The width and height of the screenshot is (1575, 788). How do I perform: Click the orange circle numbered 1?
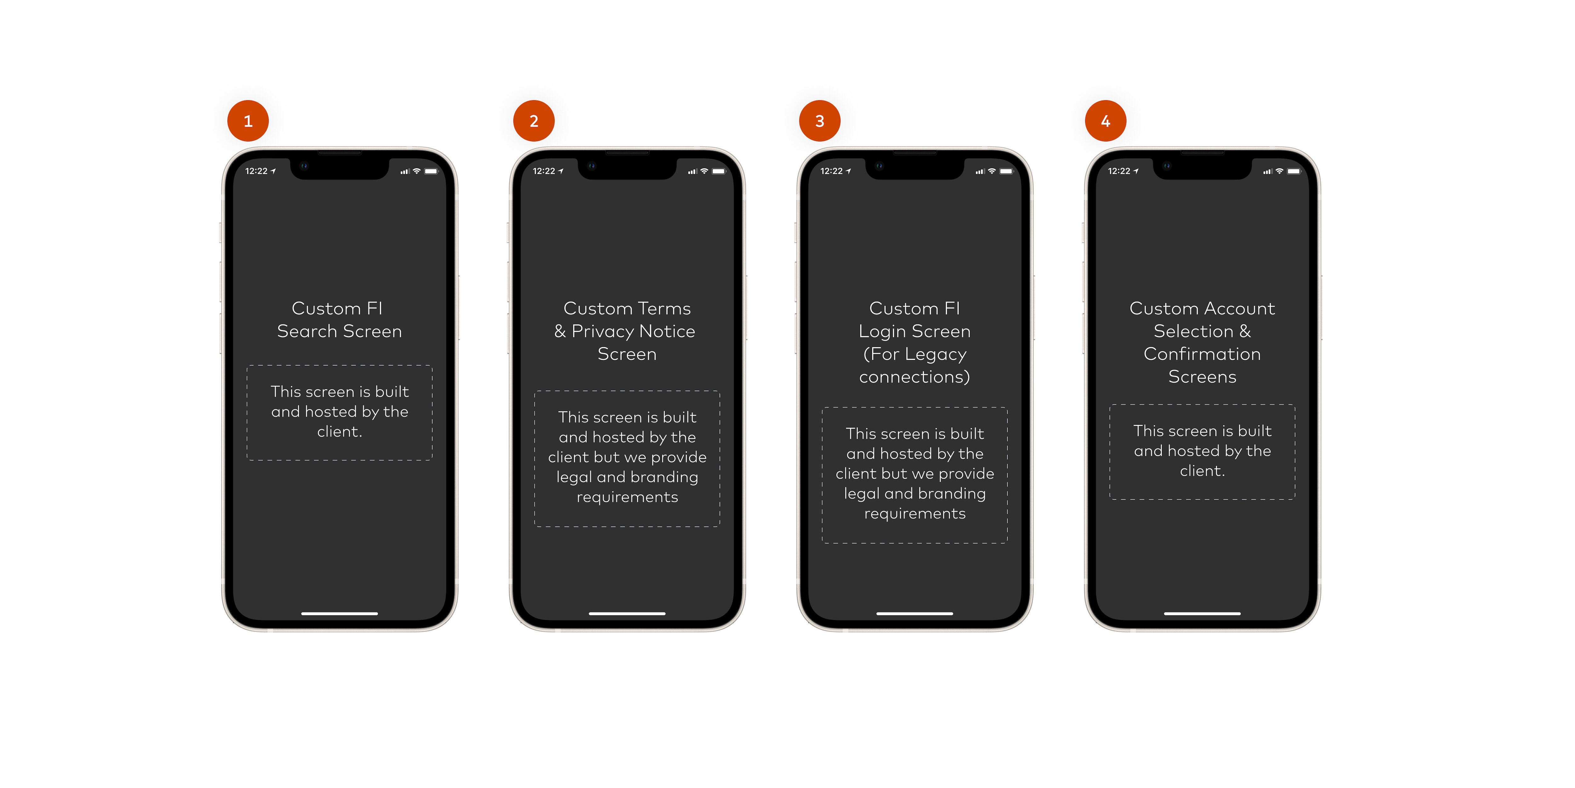click(x=248, y=121)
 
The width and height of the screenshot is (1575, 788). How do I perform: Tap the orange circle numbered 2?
click(x=534, y=121)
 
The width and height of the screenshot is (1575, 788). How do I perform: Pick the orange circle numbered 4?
click(x=1105, y=121)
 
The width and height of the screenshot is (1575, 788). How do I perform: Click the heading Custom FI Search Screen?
click(x=339, y=320)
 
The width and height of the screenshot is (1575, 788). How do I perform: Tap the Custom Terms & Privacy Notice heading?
click(x=627, y=331)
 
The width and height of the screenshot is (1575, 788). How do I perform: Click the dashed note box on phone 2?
click(x=627, y=391)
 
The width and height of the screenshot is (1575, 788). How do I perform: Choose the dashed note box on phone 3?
click(x=915, y=408)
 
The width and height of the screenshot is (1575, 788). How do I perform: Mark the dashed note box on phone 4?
click(x=1202, y=405)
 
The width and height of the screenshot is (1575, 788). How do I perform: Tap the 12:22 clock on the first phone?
click(x=256, y=171)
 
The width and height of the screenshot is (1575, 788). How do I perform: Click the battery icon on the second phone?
click(x=719, y=171)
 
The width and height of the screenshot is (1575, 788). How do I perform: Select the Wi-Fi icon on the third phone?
click(x=992, y=171)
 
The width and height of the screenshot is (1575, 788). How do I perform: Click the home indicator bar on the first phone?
click(x=339, y=613)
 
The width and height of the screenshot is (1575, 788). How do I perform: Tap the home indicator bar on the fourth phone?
click(x=1202, y=613)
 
